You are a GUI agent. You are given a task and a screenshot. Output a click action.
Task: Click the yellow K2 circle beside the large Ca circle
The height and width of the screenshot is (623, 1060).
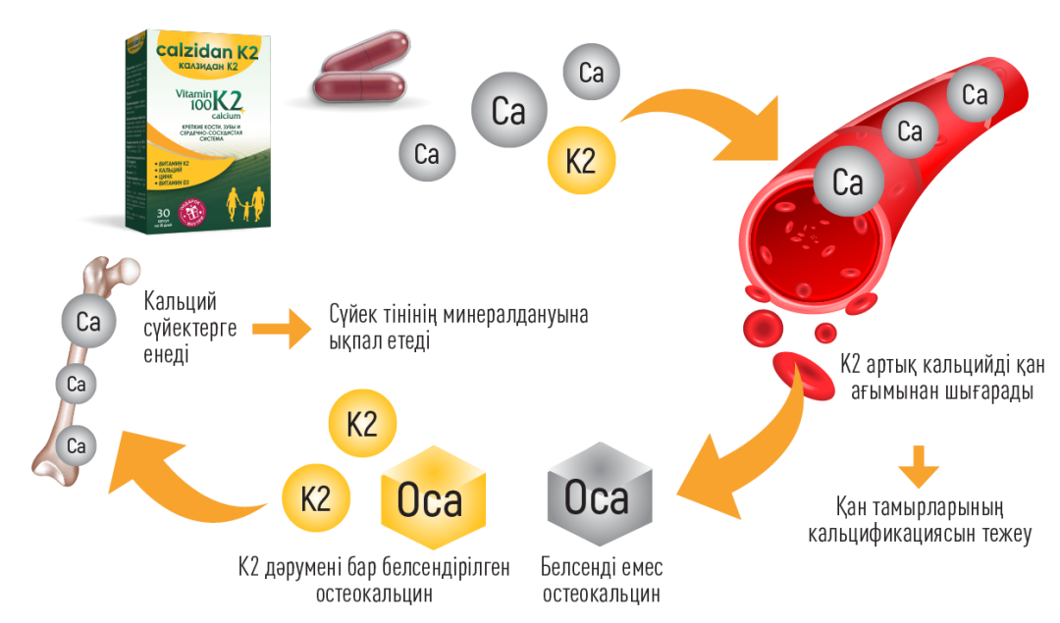click(x=581, y=160)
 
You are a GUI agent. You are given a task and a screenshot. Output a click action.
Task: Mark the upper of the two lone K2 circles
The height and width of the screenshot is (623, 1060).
click(x=362, y=424)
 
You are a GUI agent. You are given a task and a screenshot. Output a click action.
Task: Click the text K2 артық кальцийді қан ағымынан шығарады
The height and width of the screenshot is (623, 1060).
click(x=942, y=377)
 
